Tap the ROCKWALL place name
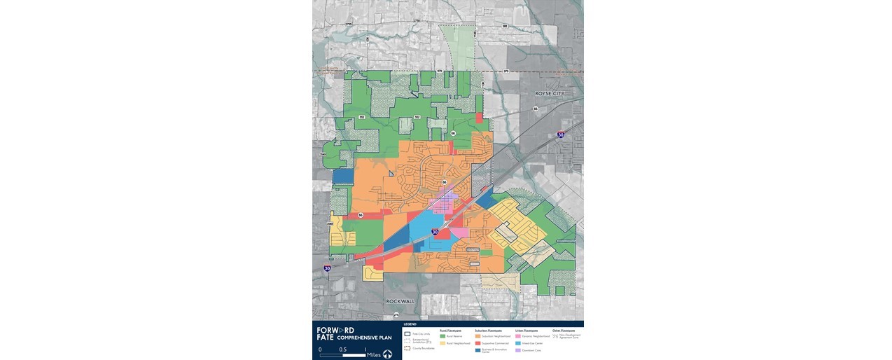point(400,301)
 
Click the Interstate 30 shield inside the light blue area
point(435,231)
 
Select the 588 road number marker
point(504,27)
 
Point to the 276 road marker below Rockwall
point(396,315)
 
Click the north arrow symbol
point(387,354)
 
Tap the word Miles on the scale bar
point(374,354)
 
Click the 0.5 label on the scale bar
point(342,349)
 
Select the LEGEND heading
point(410,324)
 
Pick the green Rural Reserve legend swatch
point(442,336)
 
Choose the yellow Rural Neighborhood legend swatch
point(442,343)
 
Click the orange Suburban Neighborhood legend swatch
point(478,336)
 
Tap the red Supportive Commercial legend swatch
point(478,343)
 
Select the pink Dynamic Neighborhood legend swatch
point(517,336)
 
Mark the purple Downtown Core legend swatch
point(517,350)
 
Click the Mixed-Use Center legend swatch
point(517,343)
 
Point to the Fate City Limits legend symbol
point(407,334)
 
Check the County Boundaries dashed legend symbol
point(407,348)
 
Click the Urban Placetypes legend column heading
point(526,330)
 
